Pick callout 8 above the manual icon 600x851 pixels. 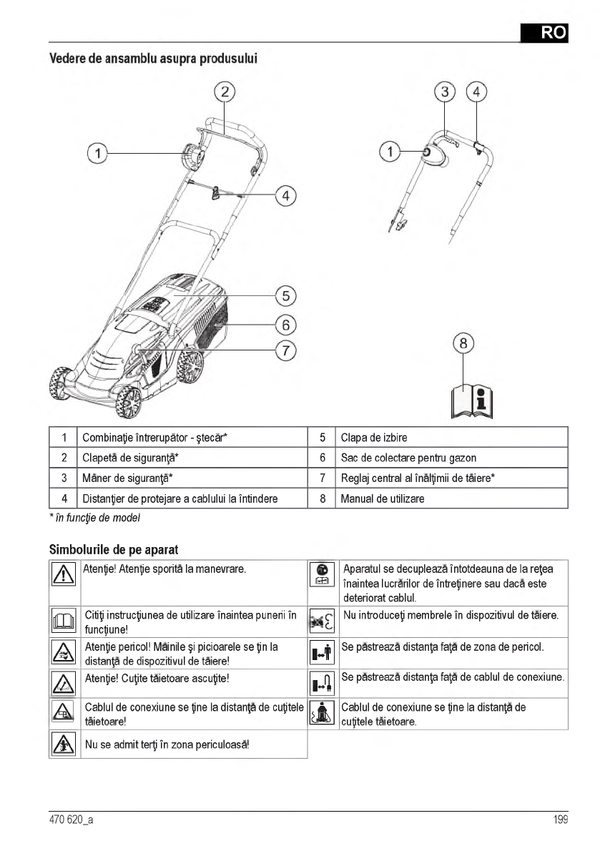(x=463, y=343)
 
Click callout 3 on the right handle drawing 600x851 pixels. (x=446, y=92)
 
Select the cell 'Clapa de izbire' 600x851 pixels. (x=374, y=438)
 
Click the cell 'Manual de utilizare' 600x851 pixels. (x=382, y=498)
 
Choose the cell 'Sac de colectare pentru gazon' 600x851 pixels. (x=408, y=458)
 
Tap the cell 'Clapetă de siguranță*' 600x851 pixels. (x=130, y=458)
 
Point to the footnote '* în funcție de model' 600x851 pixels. (x=94, y=517)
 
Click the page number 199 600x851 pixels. (x=560, y=820)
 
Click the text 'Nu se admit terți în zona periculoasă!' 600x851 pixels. (x=167, y=744)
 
